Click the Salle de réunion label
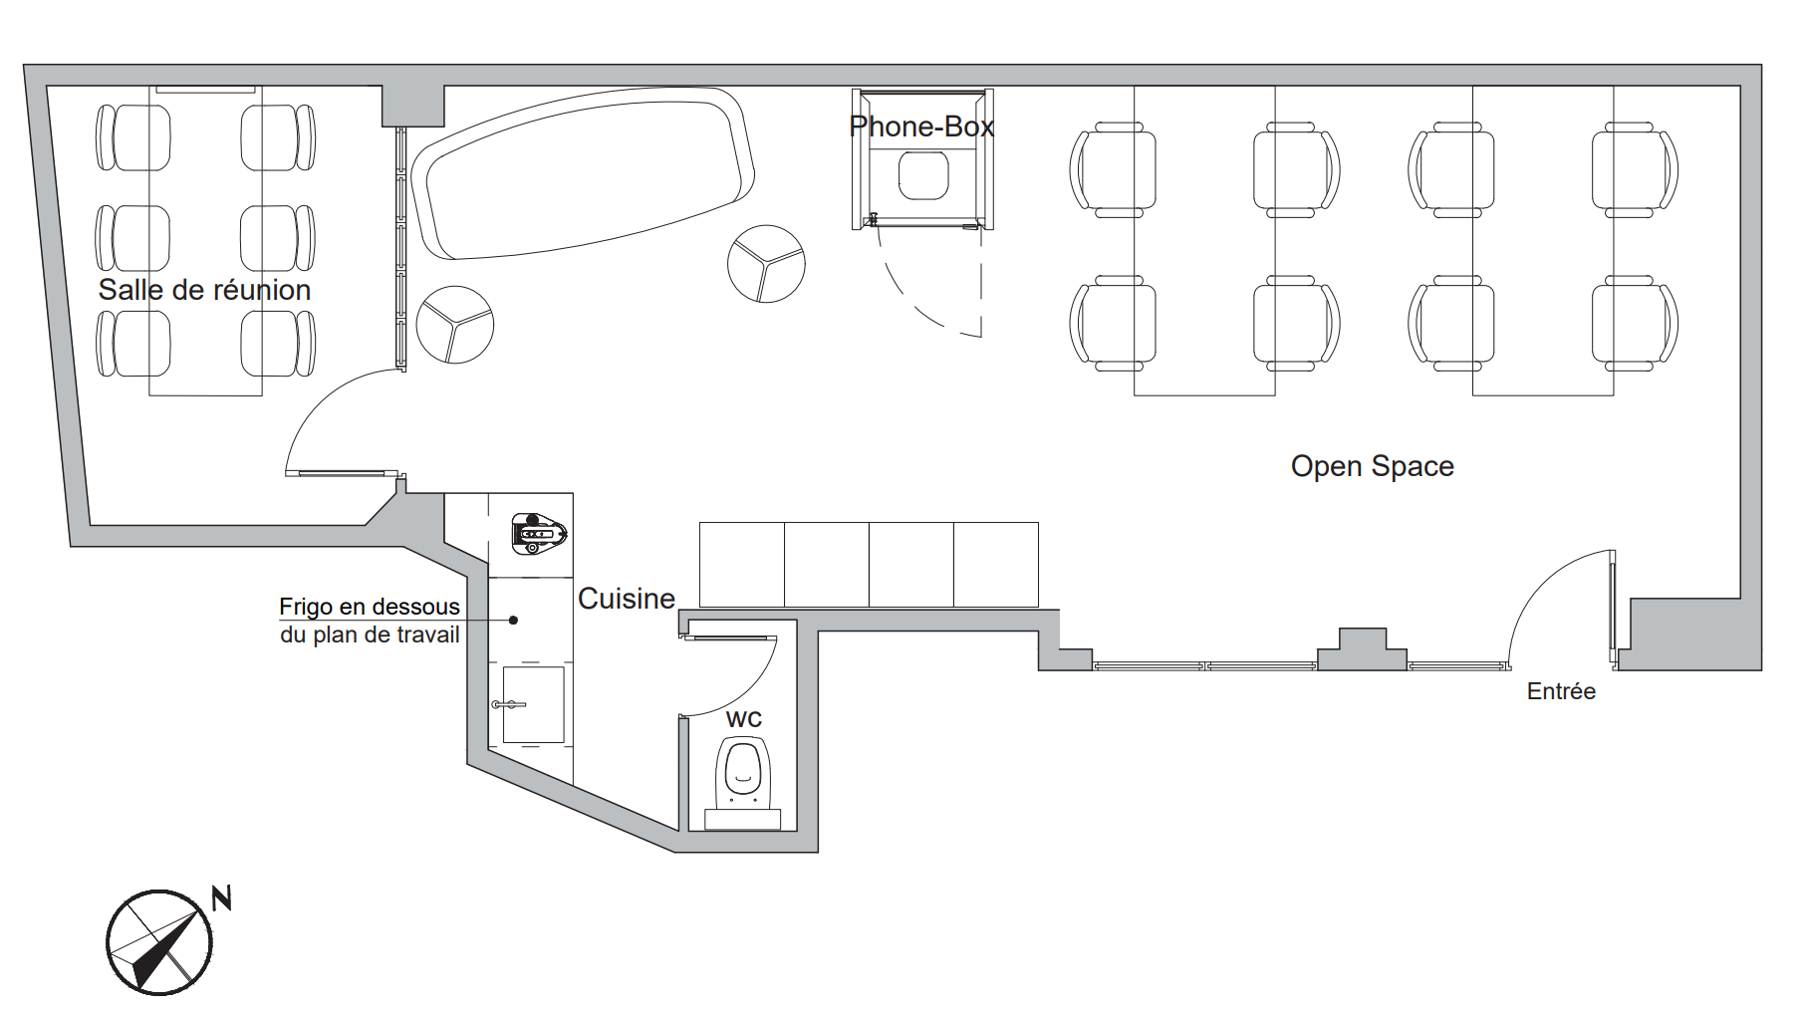(x=204, y=290)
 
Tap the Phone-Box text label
(x=921, y=127)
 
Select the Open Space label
(x=1372, y=466)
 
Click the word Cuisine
(x=627, y=599)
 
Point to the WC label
(x=744, y=719)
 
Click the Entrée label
(x=1561, y=691)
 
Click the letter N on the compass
(x=222, y=897)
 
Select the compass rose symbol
(x=159, y=942)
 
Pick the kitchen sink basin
(x=533, y=704)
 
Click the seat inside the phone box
(x=923, y=175)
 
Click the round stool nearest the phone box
(x=766, y=264)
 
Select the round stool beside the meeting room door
(x=455, y=325)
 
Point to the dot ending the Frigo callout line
(x=514, y=621)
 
